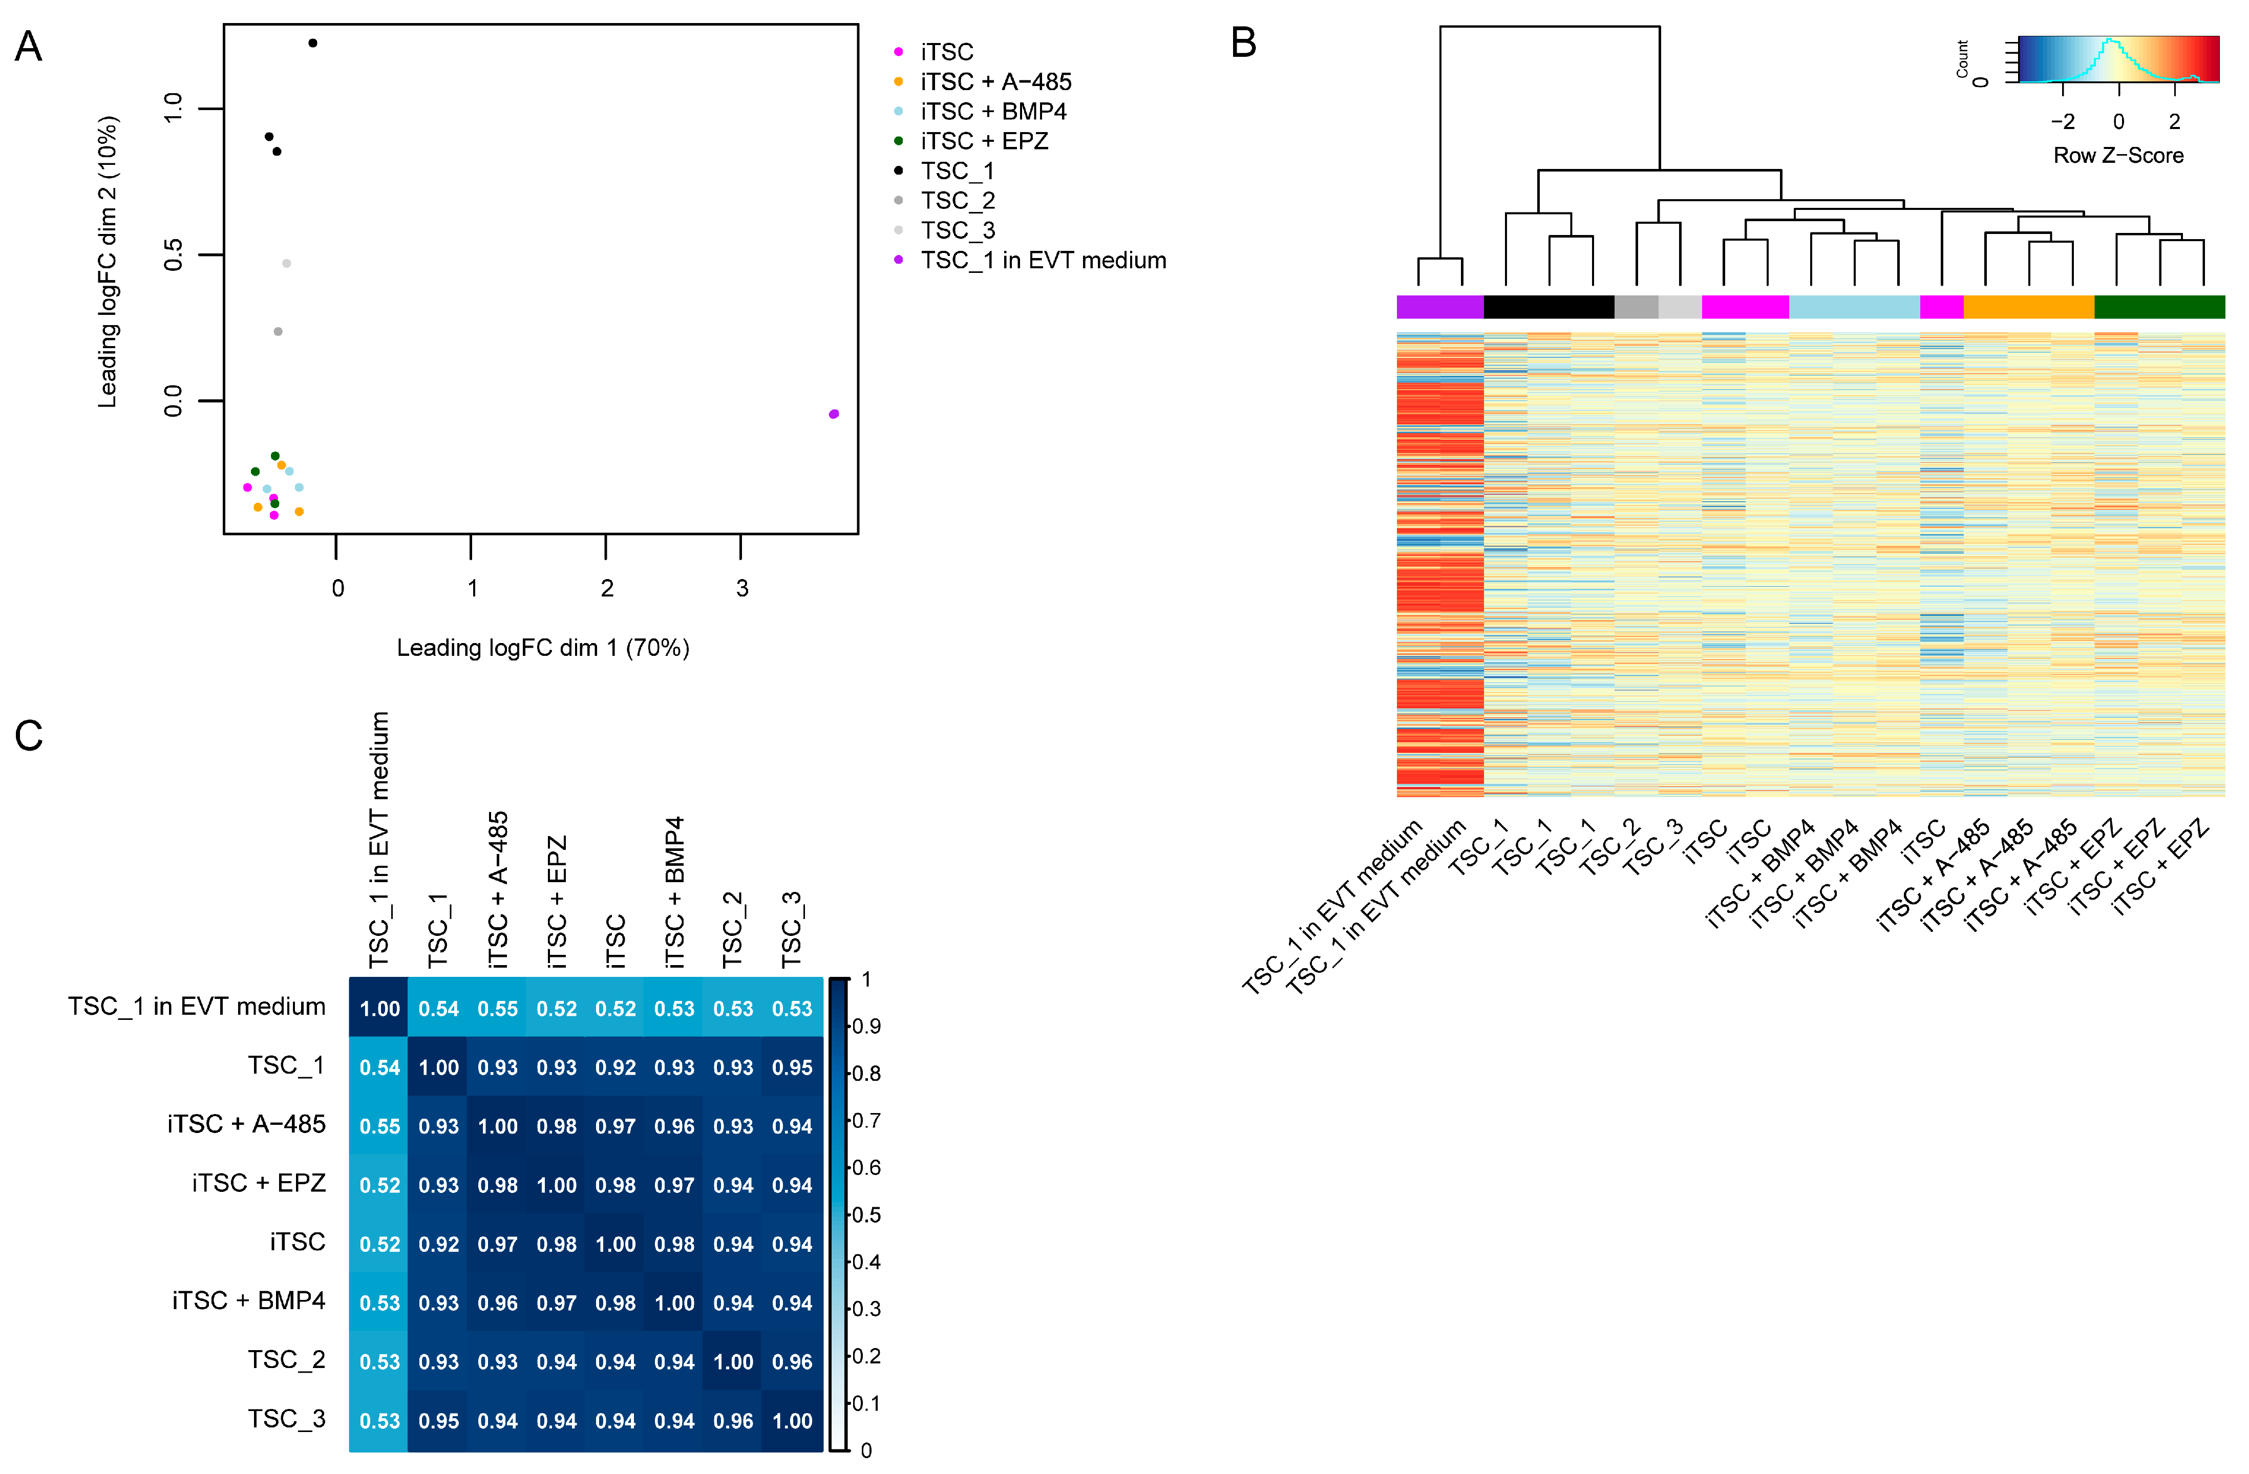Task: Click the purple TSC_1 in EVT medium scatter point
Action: click(x=834, y=414)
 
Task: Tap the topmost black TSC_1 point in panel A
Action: click(x=313, y=42)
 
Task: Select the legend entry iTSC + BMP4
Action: click(x=993, y=112)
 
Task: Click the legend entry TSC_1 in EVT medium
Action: click(x=1043, y=260)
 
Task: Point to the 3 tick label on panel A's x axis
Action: click(x=742, y=589)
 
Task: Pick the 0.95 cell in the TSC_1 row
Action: click(x=792, y=1067)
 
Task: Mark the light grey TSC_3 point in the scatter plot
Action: click(x=286, y=264)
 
